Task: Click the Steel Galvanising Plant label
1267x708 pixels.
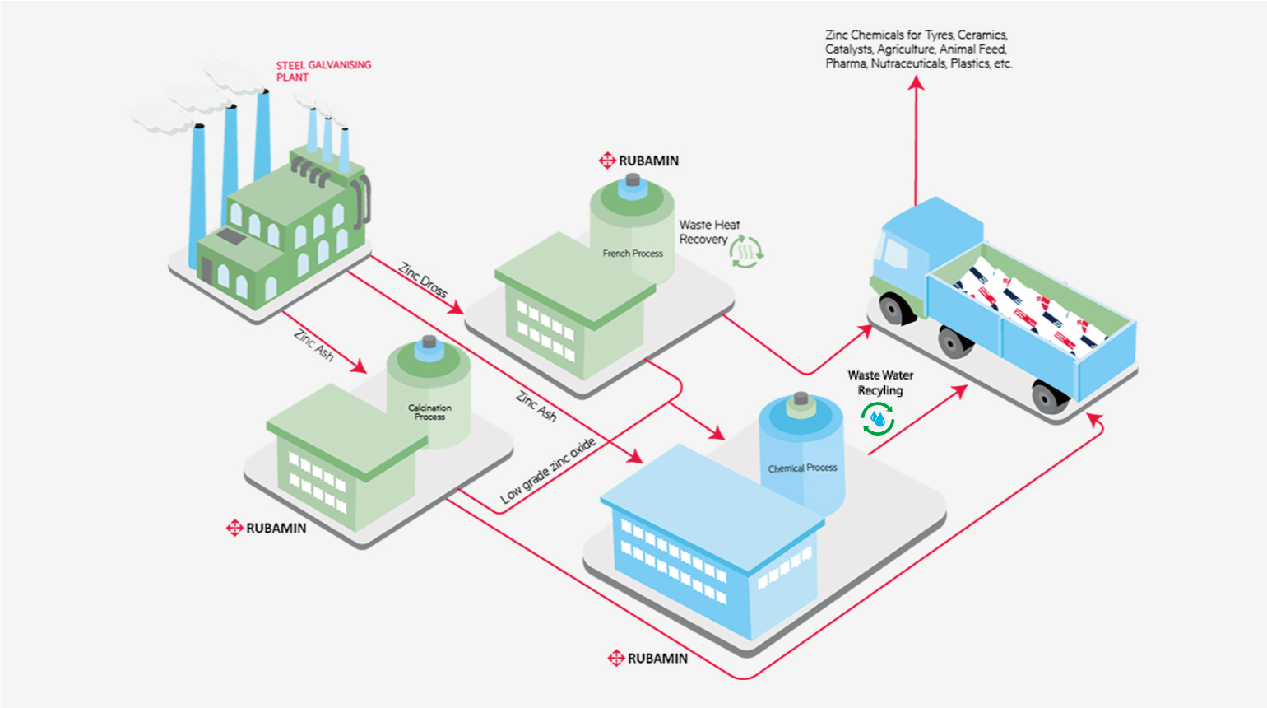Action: pyautogui.click(x=323, y=71)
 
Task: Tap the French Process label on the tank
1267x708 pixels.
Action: pyautogui.click(x=632, y=254)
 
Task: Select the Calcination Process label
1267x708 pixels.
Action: pyautogui.click(x=429, y=412)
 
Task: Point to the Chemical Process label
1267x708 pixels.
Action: pyautogui.click(x=802, y=468)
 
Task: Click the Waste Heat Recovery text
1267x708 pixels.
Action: pyautogui.click(x=708, y=232)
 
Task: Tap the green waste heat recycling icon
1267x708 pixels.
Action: pyautogui.click(x=746, y=252)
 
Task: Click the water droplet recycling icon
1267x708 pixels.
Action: pyautogui.click(x=878, y=420)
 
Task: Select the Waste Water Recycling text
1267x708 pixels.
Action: pyautogui.click(x=880, y=383)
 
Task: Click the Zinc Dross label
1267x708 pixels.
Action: pyautogui.click(x=423, y=280)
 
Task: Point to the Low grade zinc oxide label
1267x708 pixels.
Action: pyautogui.click(x=548, y=471)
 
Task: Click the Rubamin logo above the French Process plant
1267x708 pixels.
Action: pyautogui.click(x=639, y=161)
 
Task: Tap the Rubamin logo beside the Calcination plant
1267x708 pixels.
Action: pyautogui.click(x=266, y=528)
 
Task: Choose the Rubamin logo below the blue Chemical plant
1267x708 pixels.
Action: pyautogui.click(x=647, y=658)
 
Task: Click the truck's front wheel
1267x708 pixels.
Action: pyautogui.click(x=895, y=310)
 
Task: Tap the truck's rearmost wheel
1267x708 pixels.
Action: pyautogui.click(x=1050, y=398)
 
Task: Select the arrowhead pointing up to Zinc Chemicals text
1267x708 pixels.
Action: pyautogui.click(x=916, y=82)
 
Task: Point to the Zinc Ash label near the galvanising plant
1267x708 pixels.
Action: pyautogui.click(x=313, y=345)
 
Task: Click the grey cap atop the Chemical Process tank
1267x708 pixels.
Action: pyautogui.click(x=801, y=400)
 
